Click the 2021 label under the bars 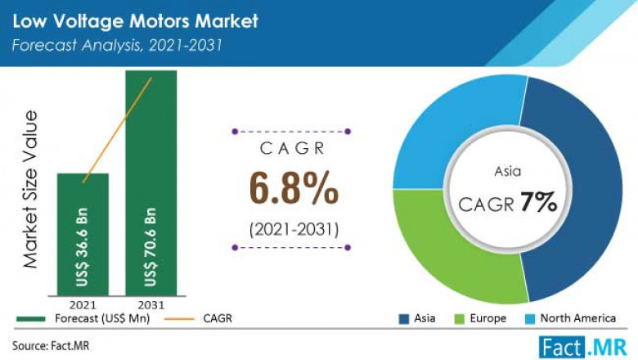83,304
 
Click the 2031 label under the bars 151,304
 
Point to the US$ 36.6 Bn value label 83,245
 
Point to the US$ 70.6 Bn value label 151,245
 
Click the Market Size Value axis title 31,188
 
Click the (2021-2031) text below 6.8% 293,228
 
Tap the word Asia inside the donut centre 507,173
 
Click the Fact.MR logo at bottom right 576,344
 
